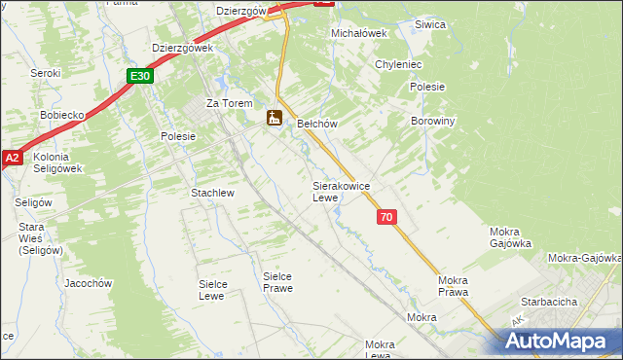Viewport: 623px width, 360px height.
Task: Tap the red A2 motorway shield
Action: click(x=11, y=158)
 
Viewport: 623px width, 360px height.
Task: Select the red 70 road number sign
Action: click(x=387, y=218)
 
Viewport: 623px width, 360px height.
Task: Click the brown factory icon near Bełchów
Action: click(x=275, y=118)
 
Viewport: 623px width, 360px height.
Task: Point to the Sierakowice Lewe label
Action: click(x=339, y=191)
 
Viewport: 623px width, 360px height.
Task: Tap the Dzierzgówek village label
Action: click(x=182, y=48)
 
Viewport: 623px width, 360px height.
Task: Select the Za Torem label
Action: click(x=229, y=103)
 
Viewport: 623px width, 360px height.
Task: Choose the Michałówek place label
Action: click(x=359, y=33)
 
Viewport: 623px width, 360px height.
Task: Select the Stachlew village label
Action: click(x=213, y=193)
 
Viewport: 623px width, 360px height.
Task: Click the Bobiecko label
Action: click(x=64, y=114)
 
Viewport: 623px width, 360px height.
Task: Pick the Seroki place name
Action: click(x=45, y=73)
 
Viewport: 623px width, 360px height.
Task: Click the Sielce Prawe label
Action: click(x=277, y=282)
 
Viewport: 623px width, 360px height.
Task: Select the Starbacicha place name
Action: click(x=550, y=302)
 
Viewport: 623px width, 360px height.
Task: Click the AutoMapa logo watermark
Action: click(x=558, y=342)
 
